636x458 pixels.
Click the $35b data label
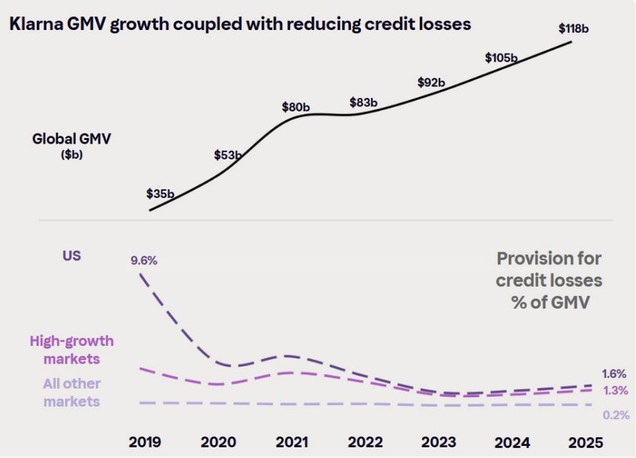click(160, 194)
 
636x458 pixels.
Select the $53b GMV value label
click(228, 155)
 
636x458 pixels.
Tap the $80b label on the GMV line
click(296, 108)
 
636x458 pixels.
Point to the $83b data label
click(364, 102)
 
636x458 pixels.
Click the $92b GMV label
click(431, 83)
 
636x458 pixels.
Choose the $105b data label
click(501, 58)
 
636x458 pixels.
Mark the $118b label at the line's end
click(575, 29)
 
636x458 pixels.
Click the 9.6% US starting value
click(144, 261)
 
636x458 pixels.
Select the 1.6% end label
click(615, 374)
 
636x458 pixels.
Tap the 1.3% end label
click(615, 390)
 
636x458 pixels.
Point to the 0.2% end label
click(615, 415)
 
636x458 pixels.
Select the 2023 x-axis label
click(439, 442)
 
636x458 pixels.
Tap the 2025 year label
click(586, 442)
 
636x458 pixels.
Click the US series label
click(71, 256)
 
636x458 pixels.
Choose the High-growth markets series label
click(71, 350)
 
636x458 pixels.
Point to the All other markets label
click(71, 393)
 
